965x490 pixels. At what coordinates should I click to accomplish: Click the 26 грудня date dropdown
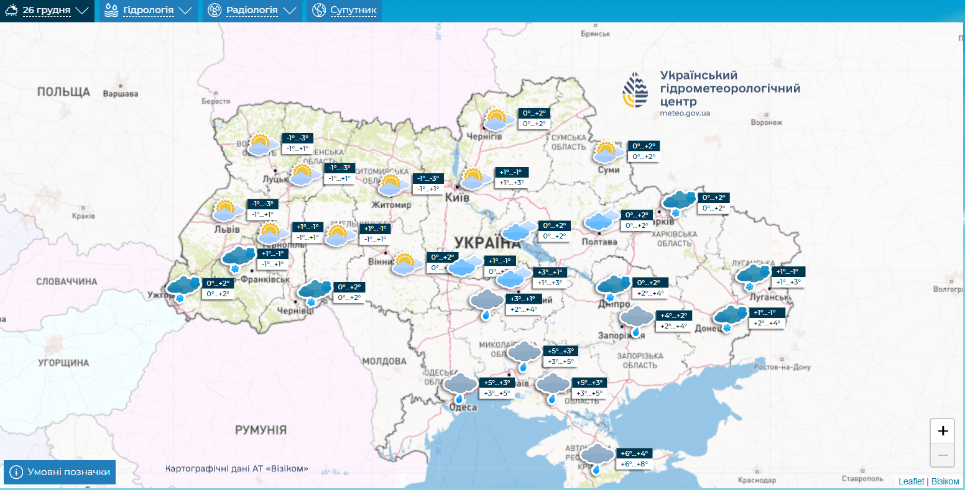click(x=47, y=11)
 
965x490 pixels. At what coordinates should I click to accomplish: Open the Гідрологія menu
click(x=148, y=11)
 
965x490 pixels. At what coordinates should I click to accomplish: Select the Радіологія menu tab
click(x=252, y=11)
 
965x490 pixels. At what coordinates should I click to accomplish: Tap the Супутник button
click(x=344, y=11)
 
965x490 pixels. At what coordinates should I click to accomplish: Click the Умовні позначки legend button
click(x=60, y=472)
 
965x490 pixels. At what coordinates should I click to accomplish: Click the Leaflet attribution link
click(x=911, y=481)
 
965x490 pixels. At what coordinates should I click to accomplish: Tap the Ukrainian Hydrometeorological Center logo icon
click(x=635, y=90)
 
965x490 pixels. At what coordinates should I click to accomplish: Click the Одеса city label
click(x=463, y=407)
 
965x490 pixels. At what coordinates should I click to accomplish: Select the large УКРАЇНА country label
click(x=487, y=243)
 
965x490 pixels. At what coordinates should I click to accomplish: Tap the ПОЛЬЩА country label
click(x=63, y=92)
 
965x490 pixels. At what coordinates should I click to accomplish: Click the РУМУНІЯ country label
click(x=261, y=430)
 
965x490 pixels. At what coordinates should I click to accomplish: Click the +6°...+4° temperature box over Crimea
click(x=634, y=453)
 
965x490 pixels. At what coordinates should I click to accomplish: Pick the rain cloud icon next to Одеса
click(x=460, y=387)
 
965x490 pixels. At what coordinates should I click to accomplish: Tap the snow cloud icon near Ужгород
click(x=182, y=288)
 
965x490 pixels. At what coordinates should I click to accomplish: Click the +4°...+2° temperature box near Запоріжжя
click(x=673, y=315)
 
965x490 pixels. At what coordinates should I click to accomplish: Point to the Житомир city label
click(x=391, y=205)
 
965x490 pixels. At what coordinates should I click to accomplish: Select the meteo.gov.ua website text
click(x=685, y=113)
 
